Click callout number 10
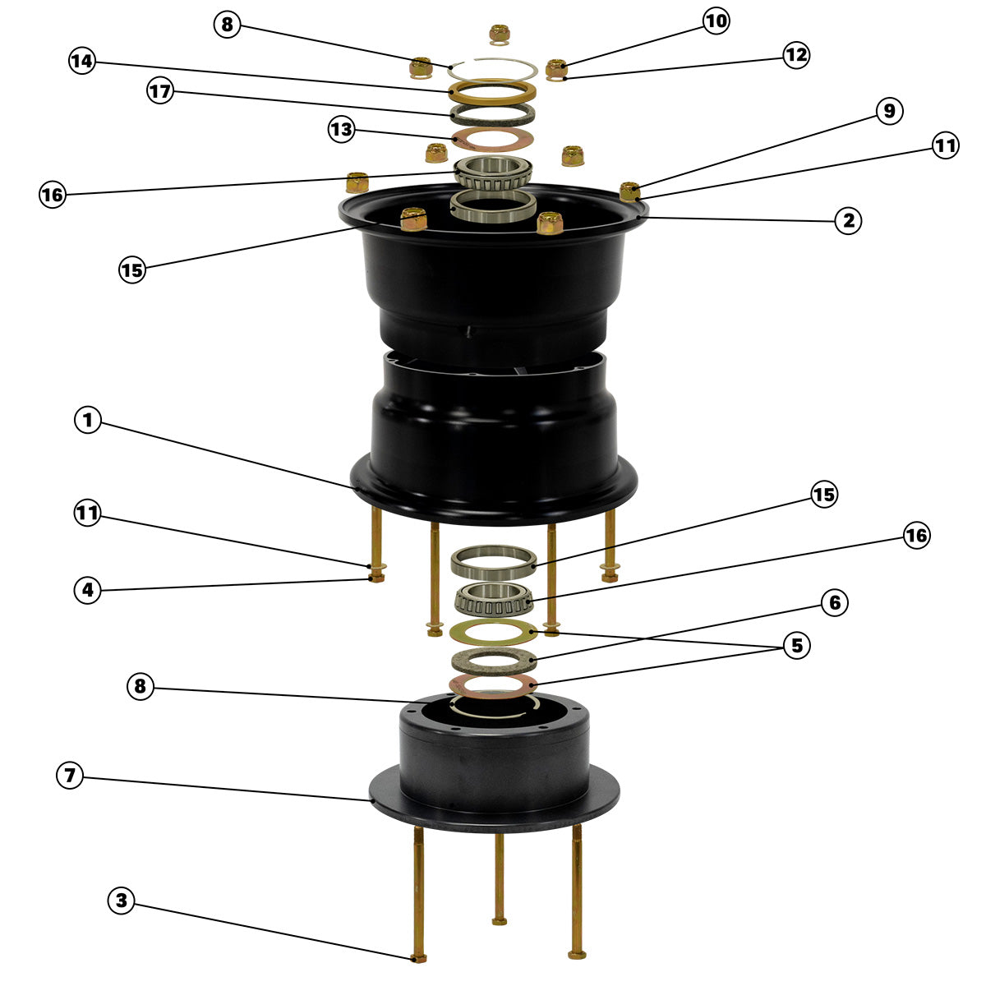click(716, 21)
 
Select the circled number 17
click(160, 91)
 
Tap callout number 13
click(341, 130)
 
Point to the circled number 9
click(889, 111)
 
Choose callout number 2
click(848, 221)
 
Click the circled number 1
click(87, 420)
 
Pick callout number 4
click(87, 590)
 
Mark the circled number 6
click(835, 603)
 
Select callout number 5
click(797, 646)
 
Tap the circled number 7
click(70, 775)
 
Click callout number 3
click(122, 900)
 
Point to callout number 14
click(82, 61)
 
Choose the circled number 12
click(796, 55)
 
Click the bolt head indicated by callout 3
click(418, 958)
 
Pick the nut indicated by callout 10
click(556, 67)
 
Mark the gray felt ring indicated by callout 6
click(494, 661)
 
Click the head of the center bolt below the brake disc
click(499, 921)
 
